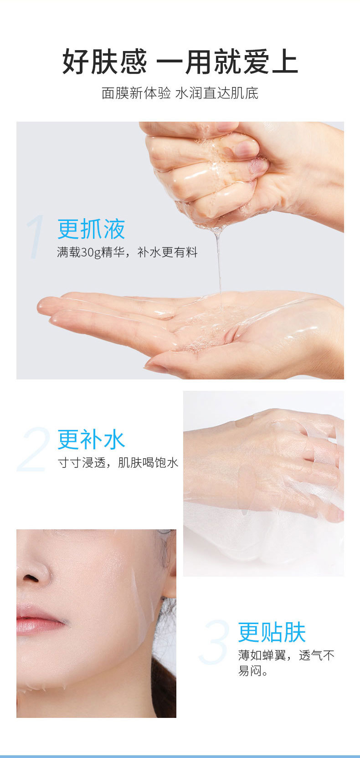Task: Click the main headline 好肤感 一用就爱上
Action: pos(180,61)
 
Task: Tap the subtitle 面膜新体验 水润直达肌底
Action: pos(180,93)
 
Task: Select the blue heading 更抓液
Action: pos(92,229)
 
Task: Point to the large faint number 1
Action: pos(36,237)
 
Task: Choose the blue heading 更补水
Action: pos(92,440)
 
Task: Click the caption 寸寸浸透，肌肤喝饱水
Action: pos(118,462)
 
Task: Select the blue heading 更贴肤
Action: pos(272,632)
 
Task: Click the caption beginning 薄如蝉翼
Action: pos(286,663)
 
